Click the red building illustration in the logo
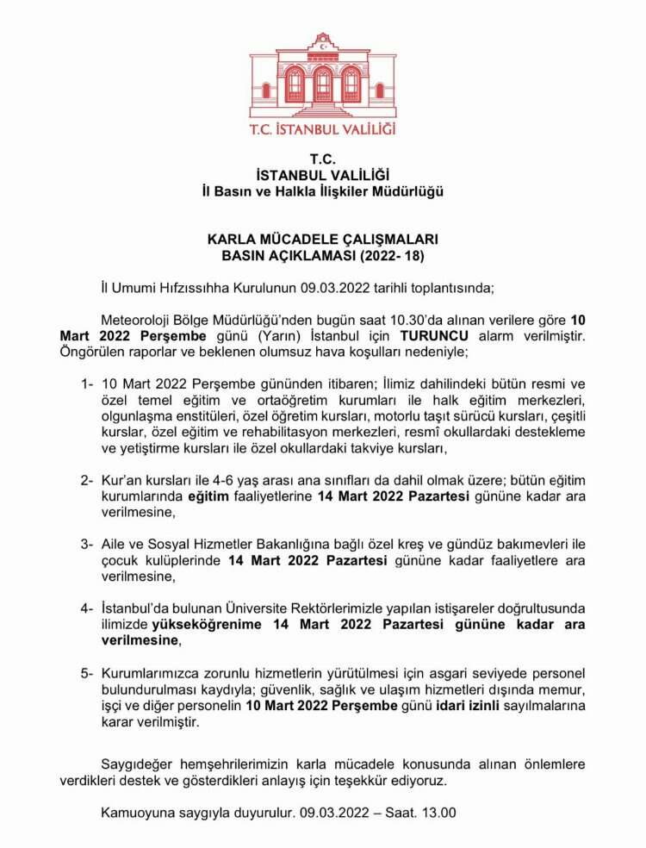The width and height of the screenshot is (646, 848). (x=323, y=77)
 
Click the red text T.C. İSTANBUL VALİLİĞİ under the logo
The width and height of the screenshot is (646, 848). (x=323, y=129)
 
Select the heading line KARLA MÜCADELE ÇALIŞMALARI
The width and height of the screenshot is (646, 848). (x=323, y=240)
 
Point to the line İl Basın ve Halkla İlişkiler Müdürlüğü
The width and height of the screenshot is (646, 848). (x=323, y=190)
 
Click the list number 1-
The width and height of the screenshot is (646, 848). (x=86, y=383)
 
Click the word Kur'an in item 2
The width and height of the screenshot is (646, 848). (x=122, y=480)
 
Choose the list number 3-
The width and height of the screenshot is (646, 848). (x=86, y=544)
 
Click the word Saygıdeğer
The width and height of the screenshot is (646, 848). (x=139, y=764)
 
